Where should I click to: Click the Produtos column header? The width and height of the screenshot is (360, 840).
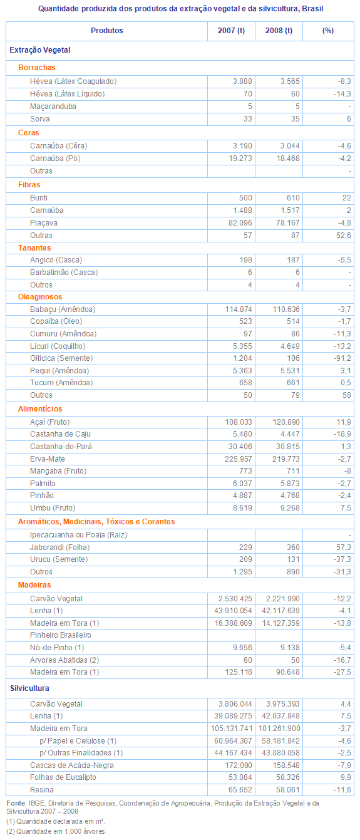(107, 31)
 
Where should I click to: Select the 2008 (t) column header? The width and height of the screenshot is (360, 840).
(279, 31)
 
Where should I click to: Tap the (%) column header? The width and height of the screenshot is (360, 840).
(328, 31)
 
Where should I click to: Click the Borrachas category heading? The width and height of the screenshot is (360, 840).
(37, 68)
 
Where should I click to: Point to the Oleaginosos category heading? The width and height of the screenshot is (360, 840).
(40, 297)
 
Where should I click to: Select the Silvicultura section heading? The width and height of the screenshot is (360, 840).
(29, 688)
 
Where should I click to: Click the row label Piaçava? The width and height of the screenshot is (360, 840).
(43, 223)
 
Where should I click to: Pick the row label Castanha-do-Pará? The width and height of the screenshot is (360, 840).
(61, 447)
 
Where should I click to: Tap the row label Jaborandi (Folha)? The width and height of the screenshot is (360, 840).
(59, 547)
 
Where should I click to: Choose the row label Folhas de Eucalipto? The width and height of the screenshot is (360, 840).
(63, 777)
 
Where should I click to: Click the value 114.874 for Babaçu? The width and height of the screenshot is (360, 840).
(239, 309)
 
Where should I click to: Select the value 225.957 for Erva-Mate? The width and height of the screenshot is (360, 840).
(239, 459)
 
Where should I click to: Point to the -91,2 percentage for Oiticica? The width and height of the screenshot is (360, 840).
(342, 358)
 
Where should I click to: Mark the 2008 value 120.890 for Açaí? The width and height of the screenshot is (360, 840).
(286, 422)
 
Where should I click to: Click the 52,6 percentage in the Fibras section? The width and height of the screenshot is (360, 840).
(344, 236)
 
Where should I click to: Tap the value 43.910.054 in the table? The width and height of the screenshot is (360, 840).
(234, 611)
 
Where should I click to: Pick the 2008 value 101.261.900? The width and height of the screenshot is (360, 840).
(279, 729)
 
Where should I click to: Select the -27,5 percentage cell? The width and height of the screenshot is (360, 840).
(342, 672)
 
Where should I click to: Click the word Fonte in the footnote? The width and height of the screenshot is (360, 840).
(16, 803)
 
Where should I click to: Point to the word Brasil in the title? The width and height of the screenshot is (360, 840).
(313, 9)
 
